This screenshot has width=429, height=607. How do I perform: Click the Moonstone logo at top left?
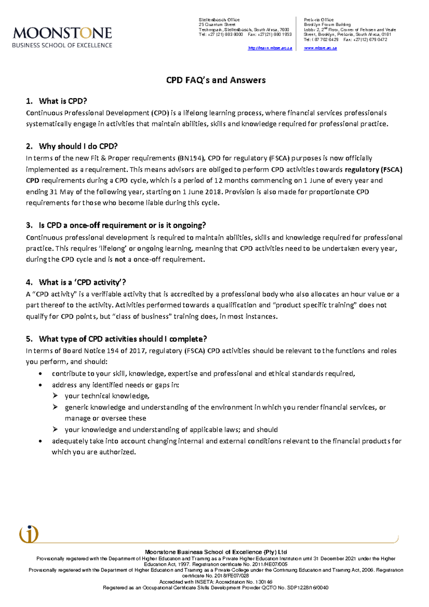(x=62, y=37)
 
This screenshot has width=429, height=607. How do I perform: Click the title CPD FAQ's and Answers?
(x=216, y=80)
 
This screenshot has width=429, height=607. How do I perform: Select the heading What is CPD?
(x=63, y=101)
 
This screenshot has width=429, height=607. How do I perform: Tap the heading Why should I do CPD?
(x=78, y=146)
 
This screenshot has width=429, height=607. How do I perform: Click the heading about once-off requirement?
(x=122, y=225)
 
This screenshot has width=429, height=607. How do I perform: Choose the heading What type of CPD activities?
(x=123, y=339)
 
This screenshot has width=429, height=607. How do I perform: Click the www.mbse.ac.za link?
(x=320, y=48)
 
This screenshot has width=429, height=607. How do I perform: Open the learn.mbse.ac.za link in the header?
(x=270, y=48)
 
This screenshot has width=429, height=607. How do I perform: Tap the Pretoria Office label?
(x=319, y=20)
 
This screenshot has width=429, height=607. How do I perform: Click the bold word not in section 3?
(x=120, y=260)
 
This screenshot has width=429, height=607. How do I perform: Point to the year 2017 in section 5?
(x=137, y=351)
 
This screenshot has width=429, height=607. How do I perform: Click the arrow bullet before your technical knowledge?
(x=55, y=396)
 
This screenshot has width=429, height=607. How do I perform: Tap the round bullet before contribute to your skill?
(x=41, y=374)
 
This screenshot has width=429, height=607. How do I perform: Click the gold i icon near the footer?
(x=29, y=534)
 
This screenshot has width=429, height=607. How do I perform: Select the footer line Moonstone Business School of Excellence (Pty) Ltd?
(x=216, y=552)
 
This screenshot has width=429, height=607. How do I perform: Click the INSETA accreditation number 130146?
(x=265, y=582)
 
